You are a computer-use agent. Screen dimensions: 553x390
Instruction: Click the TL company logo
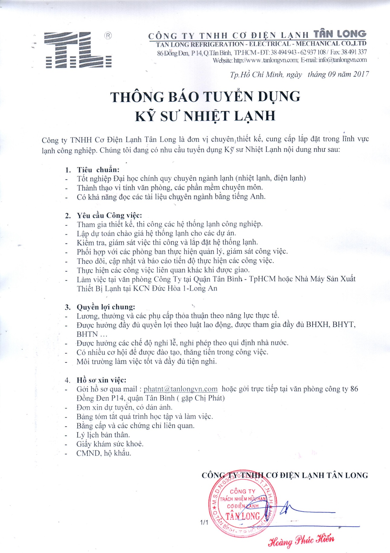pyautogui.click(x=78, y=50)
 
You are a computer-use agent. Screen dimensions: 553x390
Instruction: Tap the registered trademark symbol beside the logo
pyautogui.click(x=108, y=36)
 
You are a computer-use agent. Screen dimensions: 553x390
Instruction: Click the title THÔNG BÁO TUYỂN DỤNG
pyautogui.click(x=205, y=97)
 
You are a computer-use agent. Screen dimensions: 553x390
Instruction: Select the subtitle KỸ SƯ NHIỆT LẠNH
pyautogui.click(x=205, y=116)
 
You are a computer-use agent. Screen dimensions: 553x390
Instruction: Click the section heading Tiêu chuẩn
pyautogui.click(x=98, y=170)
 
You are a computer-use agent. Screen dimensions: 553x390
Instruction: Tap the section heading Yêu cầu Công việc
pyautogui.click(x=109, y=215)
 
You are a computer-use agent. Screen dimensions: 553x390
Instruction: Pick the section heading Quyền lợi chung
pyautogui.click(x=106, y=307)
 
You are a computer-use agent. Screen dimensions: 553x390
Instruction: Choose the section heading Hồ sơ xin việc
pyautogui.click(x=101, y=380)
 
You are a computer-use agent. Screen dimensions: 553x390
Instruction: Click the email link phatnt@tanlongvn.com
pyautogui.click(x=180, y=389)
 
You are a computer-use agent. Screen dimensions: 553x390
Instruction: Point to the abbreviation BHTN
pyautogui.click(x=87, y=334)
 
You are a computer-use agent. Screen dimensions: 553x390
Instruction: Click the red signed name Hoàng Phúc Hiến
pyautogui.click(x=301, y=540)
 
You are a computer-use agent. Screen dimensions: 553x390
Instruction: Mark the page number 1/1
pyautogui.click(x=204, y=522)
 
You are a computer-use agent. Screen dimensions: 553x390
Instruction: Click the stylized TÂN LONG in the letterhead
pyautogui.click(x=340, y=34)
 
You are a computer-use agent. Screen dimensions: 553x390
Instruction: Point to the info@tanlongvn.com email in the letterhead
pyautogui.click(x=343, y=60)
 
